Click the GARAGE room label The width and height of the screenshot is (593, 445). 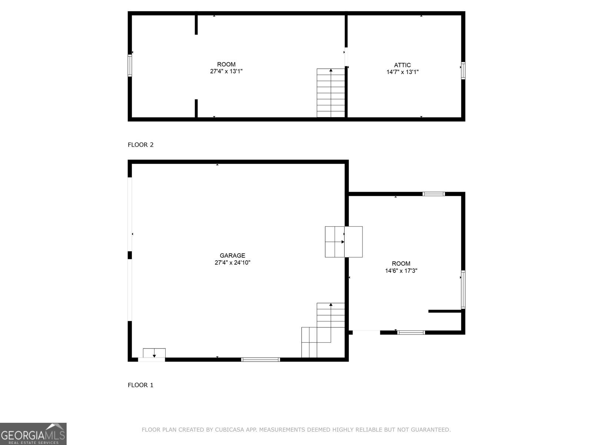(232, 256)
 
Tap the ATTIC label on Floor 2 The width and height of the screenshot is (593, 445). (402, 65)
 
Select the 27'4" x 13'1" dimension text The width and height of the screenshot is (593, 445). (226, 71)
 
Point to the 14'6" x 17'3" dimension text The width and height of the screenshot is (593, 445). (401, 270)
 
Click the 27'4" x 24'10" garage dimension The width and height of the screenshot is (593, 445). (232, 262)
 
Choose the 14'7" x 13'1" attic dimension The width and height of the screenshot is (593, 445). (402, 72)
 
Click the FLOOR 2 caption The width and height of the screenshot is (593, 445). (140, 145)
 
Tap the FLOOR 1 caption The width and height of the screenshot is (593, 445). (140, 385)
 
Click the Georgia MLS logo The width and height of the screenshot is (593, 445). (33, 434)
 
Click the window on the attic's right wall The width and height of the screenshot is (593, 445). (463, 70)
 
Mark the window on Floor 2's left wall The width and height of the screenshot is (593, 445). (130, 65)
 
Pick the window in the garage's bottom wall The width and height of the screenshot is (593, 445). (261, 360)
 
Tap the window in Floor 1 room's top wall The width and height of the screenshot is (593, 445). (434, 194)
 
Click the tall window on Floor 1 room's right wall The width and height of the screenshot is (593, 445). (463, 289)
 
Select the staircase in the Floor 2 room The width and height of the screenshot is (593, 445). (331, 93)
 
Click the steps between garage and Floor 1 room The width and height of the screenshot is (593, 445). (344, 242)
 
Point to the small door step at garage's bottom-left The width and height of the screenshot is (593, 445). (154, 353)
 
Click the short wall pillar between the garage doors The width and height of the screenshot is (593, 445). (130, 255)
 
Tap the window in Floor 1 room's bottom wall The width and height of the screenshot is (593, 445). (411, 333)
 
